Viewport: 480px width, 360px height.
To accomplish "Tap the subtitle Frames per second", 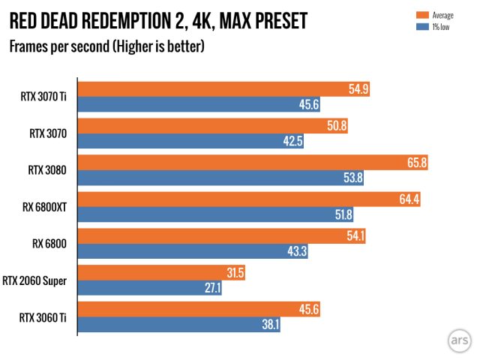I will pyautogui.click(x=106, y=47).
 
